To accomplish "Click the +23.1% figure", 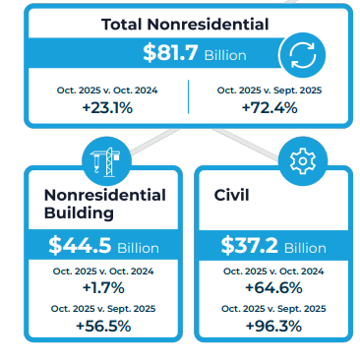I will tap(106, 107).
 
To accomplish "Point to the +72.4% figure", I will tap(269, 107).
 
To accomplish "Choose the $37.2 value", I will tap(253, 246).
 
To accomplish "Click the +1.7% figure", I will tap(103, 287).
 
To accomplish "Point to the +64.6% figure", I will tap(271, 287).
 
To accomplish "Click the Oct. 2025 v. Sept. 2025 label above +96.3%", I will tap(271, 309).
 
